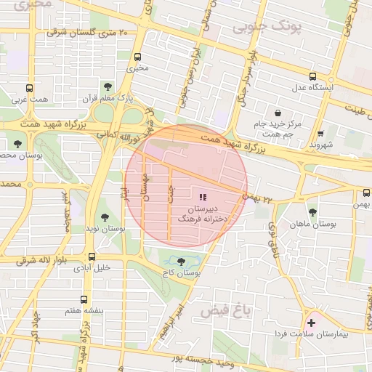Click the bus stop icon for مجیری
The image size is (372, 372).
point(137,56)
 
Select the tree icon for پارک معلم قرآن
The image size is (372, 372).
point(108,86)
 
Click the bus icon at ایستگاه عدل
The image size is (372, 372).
point(312,76)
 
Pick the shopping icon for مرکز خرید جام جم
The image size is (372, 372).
point(278,113)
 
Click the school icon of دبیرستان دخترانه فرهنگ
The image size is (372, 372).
point(202,197)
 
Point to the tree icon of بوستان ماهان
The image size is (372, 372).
point(312,212)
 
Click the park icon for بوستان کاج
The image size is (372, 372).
point(180,261)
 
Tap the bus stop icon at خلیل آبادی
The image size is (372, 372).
point(92,256)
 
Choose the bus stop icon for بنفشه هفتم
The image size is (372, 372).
point(84,299)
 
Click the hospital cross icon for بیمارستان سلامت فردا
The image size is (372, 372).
point(312,322)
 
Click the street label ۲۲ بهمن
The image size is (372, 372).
point(259,198)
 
